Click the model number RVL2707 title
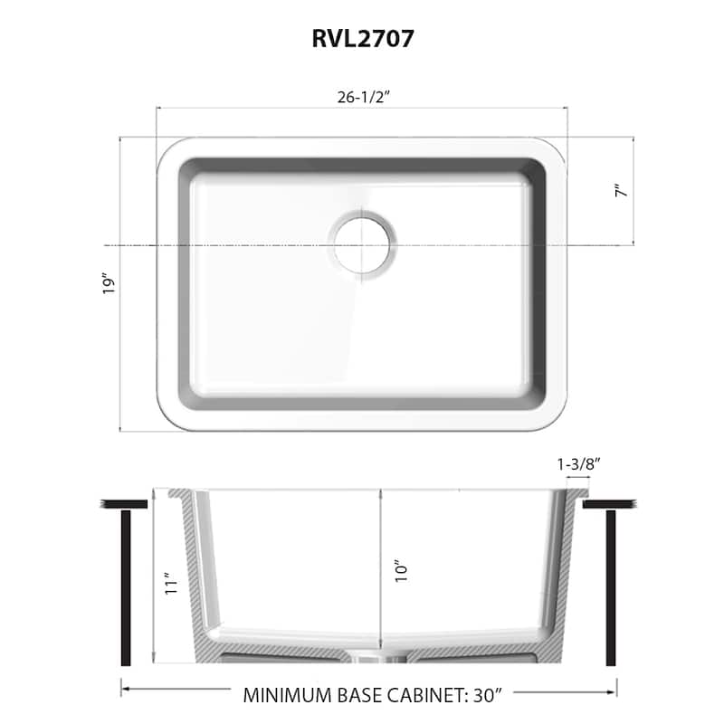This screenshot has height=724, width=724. (x=362, y=38)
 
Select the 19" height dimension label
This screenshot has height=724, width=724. (x=110, y=284)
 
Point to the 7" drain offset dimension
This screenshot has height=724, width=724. (x=619, y=192)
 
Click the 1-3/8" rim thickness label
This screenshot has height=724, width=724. (x=578, y=463)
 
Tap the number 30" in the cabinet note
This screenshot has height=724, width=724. (x=466, y=695)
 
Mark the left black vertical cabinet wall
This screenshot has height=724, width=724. (x=126, y=587)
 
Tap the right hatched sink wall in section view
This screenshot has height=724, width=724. (x=565, y=579)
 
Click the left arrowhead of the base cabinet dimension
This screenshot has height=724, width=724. (x=126, y=690)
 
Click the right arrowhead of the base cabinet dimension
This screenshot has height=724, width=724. (x=612, y=690)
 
